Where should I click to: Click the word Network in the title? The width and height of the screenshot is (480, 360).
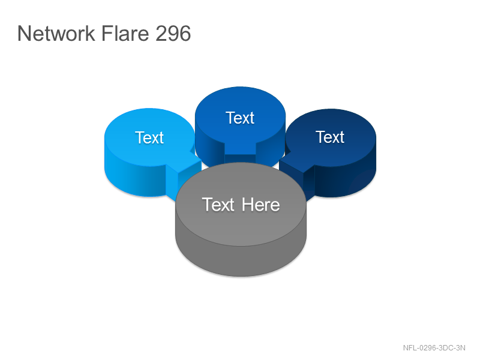56,33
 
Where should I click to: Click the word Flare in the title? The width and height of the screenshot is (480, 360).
125,33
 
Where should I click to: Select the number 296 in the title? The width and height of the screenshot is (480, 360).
173,33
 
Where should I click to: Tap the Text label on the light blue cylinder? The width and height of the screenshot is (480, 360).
149,137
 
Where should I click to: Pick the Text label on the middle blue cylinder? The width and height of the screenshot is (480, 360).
240,118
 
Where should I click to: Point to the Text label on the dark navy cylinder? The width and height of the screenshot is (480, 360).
330,137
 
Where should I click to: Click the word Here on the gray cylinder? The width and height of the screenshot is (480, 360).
261,205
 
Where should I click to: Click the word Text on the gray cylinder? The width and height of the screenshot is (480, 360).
218,205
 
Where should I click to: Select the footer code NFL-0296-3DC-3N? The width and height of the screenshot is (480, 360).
434,348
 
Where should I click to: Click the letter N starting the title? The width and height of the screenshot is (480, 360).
25,33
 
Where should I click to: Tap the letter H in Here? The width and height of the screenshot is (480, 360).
247,205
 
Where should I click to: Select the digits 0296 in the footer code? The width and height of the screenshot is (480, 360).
427,348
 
